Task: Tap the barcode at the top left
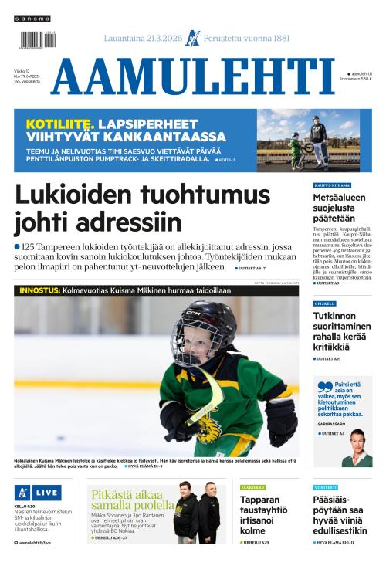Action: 33,39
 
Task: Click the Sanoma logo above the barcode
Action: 32,18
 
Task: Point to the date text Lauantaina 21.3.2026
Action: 142,38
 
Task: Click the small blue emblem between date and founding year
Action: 193,38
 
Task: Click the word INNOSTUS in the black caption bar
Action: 39,290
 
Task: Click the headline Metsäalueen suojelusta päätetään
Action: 339,208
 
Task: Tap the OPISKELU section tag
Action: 324,303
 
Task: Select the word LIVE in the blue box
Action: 46,492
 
